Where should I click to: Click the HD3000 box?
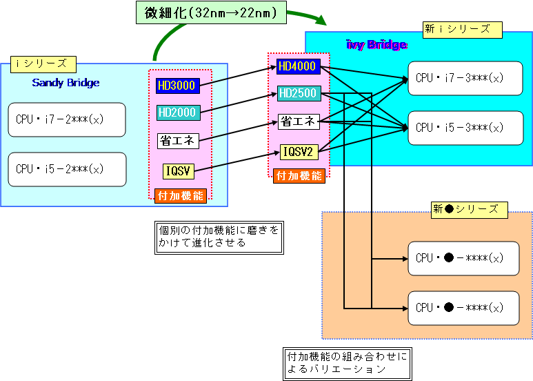point(177,86)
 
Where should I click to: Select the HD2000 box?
point(177,112)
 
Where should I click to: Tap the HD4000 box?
point(297,67)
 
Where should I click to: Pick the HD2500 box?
point(297,93)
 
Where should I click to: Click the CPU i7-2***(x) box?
point(67,119)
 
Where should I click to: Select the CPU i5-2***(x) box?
point(67,169)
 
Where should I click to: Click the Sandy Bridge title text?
point(66,83)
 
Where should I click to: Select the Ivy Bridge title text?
point(376,45)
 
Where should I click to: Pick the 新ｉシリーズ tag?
point(462,29)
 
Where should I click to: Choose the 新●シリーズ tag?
point(469,209)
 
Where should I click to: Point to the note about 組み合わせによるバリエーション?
point(347,363)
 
